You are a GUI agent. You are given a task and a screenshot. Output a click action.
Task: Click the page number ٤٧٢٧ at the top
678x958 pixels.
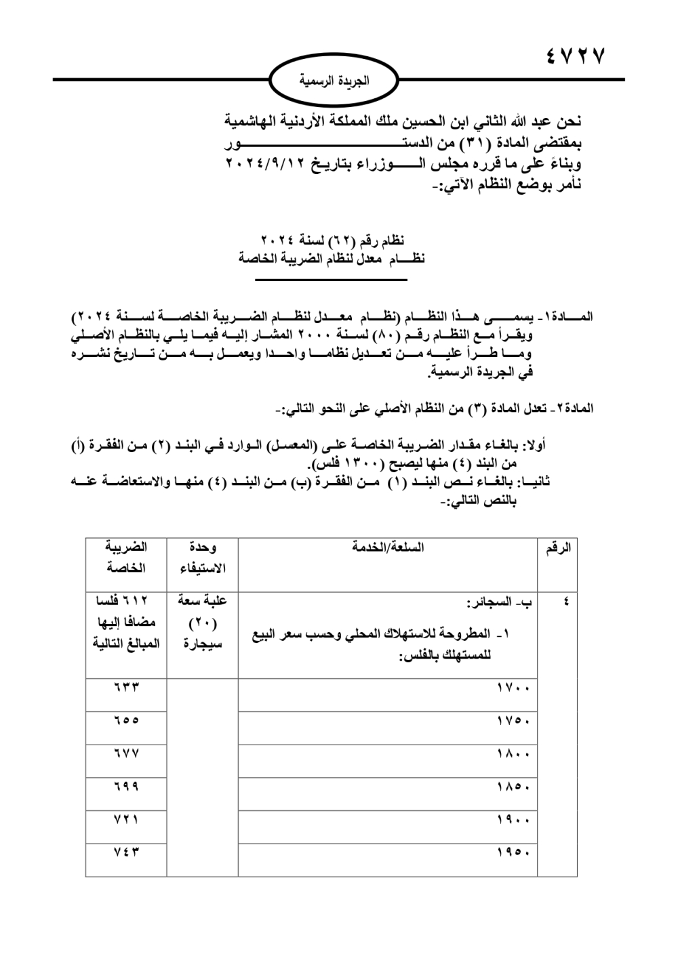(x=574, y=56)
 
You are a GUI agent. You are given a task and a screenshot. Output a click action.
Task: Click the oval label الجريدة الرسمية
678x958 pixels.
(x=334, y=81)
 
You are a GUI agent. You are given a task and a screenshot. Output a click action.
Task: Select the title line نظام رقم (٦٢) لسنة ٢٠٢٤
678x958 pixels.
(x=332, y=241)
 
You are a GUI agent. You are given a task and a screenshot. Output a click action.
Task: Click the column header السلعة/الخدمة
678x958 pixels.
(x=388, y=547)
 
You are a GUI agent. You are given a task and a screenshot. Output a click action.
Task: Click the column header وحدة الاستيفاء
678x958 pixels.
(x=203, y=558)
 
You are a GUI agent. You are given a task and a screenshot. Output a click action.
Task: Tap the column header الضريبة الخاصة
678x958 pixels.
(x=126, y=557)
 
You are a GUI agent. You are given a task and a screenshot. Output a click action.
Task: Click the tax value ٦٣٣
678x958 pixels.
(x=126, y=687)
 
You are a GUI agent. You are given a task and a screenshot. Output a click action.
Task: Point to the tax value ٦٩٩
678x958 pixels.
(x=126, y=786)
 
